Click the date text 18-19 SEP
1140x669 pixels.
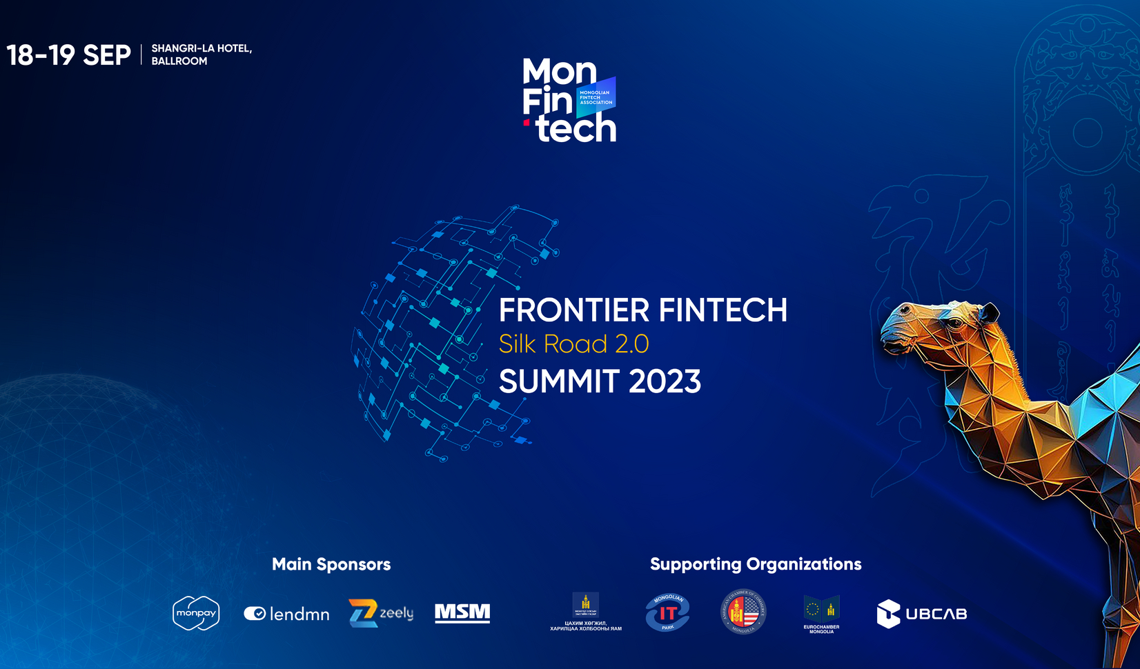pyautogui.click(x=68, y=55)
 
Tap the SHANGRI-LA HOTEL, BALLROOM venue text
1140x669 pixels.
pyautogui.click(x=201, y=54)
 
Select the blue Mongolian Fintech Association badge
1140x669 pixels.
pyautogui.click(x=596, y=97)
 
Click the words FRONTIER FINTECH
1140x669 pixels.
pyautogui.click(x=642, y=310)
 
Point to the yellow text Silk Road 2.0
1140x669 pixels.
pyautogui.click(x=573, y=344)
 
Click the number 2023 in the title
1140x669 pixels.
pyautogui.click(x=665, y=381)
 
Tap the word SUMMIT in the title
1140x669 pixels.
pyautogui.click(x=558, y=381)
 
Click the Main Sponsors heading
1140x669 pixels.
pyautogui.click(x=331, y=564)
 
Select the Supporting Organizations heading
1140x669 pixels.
pyautogui.click(x=756, y=564)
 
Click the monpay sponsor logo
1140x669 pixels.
pyautogui.click(x=196, y=613)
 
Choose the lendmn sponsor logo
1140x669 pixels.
pyautogui.click(x=286, y=614)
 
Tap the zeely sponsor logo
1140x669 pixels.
pyautogui.click(x=381, y=613)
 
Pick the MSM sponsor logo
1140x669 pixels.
pyautogui.click(x=462, y=612)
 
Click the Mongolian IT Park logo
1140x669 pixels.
pyautogui.click(x=667, y=612)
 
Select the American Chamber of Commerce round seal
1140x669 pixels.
pyautogui.click(x=743, y=612)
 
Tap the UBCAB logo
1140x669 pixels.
pyautogui.click(x=921, y=614)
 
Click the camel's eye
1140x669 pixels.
pyautogui.click(x=955, y=323)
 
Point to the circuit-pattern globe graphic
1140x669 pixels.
pyautogui.click(x=442, y=331)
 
